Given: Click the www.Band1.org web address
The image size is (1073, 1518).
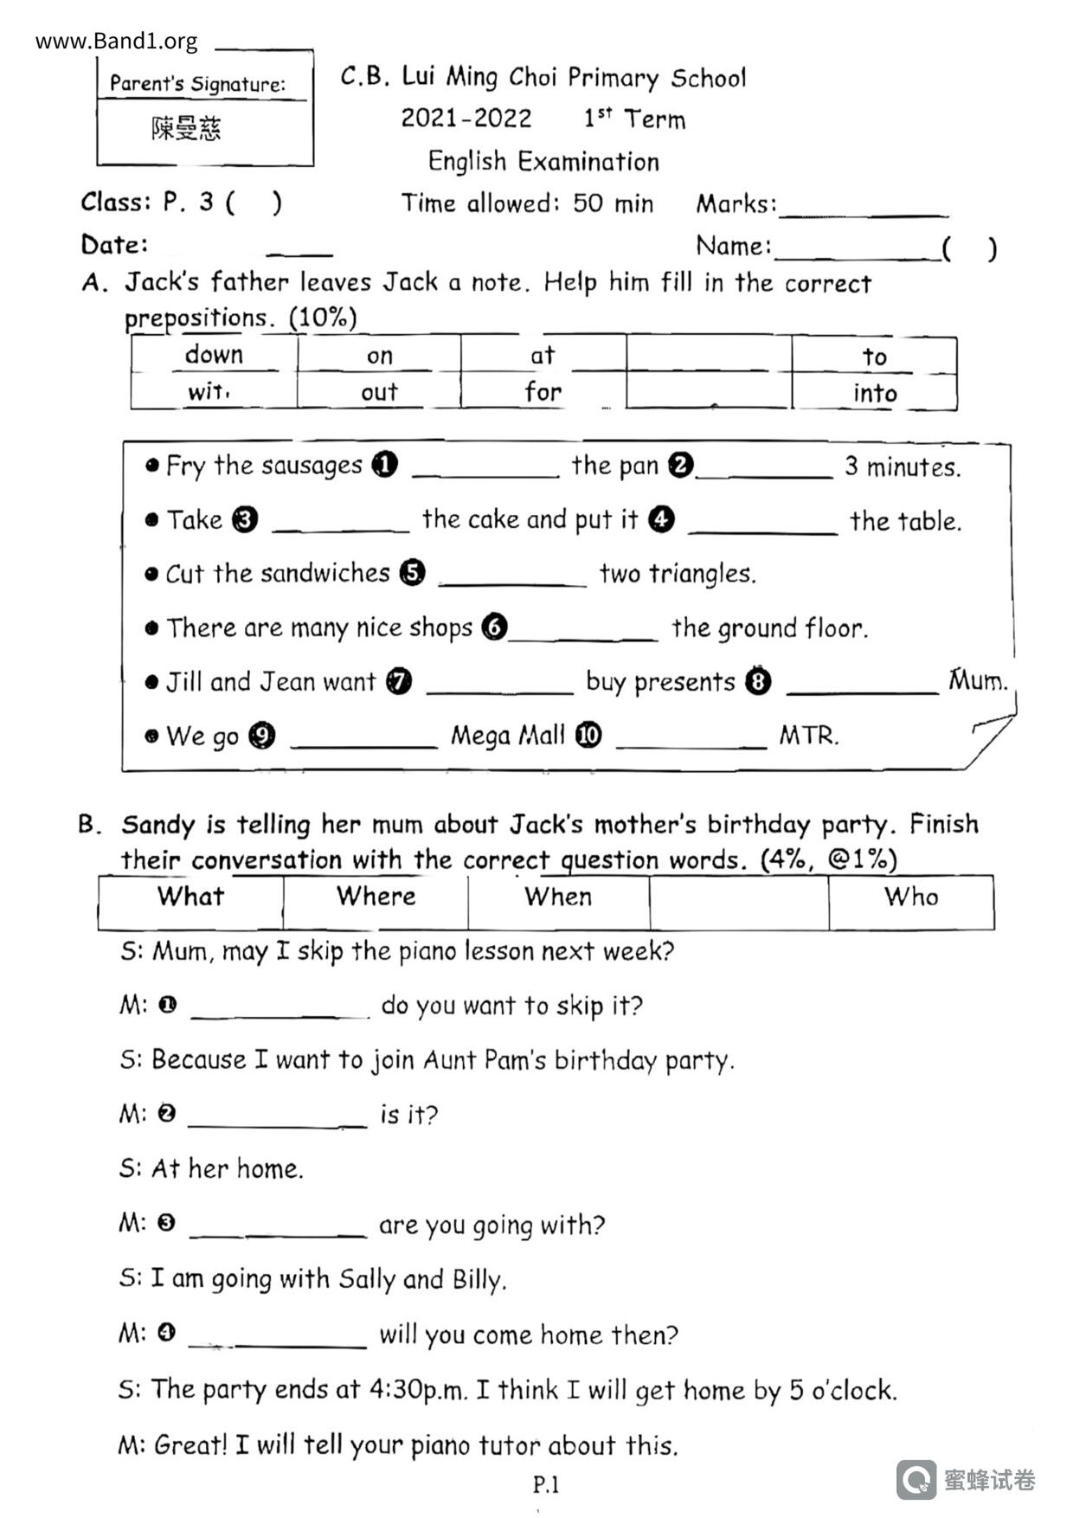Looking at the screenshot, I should (x=116, y=41).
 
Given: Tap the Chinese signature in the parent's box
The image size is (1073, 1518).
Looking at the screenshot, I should (x=186, y=129).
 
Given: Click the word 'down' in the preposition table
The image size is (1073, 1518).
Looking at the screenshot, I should (x=214, y=355).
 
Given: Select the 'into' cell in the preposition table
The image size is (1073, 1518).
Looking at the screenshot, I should (x=875, y=393).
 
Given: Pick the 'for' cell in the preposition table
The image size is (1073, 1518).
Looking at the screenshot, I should (x=543, y=392).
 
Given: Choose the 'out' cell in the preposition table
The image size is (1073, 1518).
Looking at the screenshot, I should (x=379, y=392).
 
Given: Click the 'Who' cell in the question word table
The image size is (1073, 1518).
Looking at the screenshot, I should (x=911, y=897).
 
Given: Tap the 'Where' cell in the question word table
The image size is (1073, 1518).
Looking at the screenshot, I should (x=376, y=897).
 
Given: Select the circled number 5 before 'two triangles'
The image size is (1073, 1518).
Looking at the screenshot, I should (x=413, y=573).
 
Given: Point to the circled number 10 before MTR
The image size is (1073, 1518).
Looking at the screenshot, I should (x=588, y=736).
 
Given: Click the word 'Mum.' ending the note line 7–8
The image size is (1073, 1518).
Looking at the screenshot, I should (x=978, y=680).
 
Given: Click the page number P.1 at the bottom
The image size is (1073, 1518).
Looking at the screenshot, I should (x=546, y=1485).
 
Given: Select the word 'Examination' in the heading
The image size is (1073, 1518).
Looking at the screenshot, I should (x=588, y=162).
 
